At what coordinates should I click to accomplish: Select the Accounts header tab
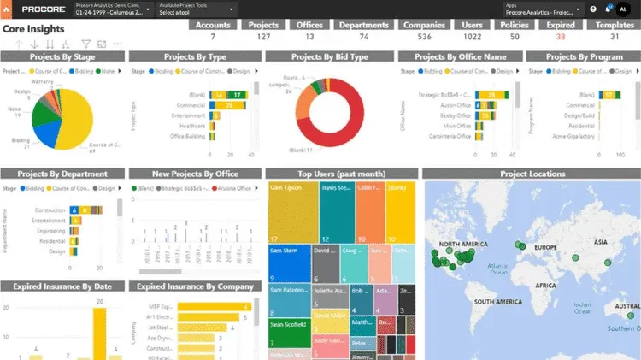click(x=213, y=25)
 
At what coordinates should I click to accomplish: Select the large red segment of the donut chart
click(x=342, y=133)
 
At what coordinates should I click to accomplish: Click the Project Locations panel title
click(x=531, y=174)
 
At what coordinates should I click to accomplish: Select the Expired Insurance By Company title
click(x=192, y=286)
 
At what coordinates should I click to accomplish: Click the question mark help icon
click(x=593, y=10)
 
